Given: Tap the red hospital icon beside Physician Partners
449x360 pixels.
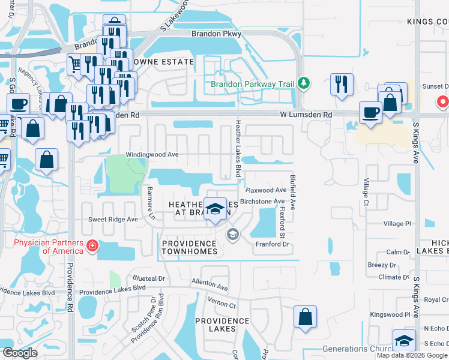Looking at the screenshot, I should tap(92, 245).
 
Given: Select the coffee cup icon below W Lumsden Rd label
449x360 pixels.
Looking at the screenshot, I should tap(370, 112).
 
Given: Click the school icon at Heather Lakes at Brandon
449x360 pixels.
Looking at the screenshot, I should tap(215, 209).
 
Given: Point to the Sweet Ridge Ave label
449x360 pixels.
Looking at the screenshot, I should tap(113, 220).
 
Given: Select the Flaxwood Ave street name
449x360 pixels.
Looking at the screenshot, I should tap(266, 190).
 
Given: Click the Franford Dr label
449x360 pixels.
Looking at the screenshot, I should tap(273, 245).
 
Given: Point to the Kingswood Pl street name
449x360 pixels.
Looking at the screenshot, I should tap(390, 314).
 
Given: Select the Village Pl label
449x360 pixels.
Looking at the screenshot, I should tap(397, 224).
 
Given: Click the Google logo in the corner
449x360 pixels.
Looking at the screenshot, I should tap(20, 353).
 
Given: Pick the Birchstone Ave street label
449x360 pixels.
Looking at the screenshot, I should tap(262, 202).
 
